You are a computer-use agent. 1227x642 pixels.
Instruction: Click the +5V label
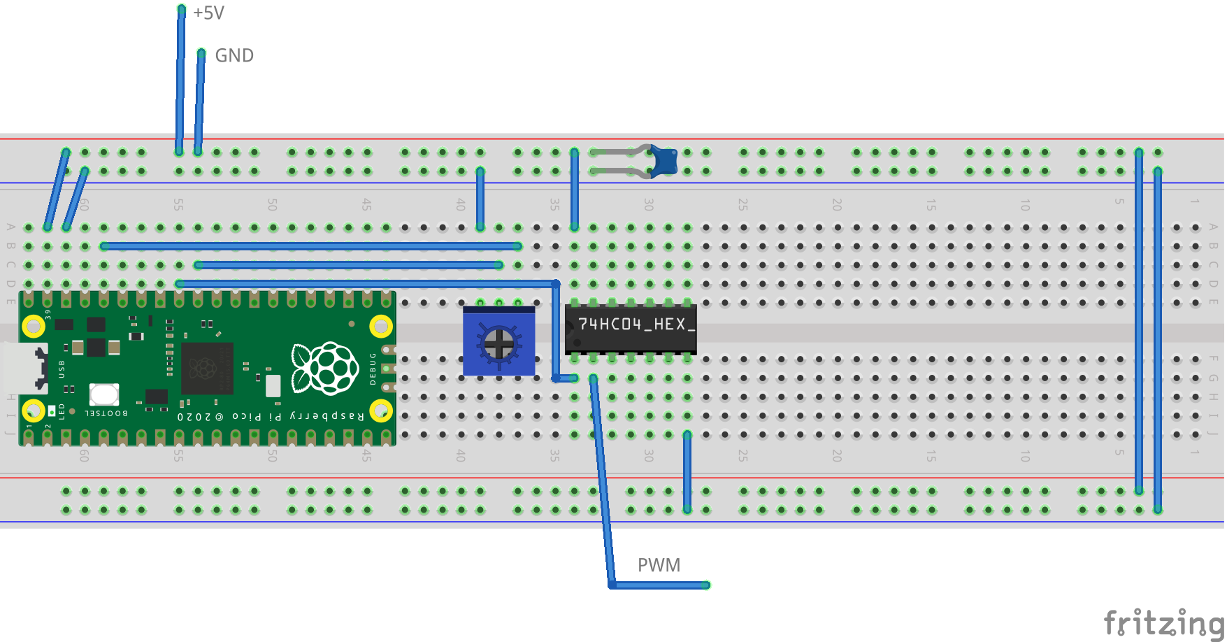tap(208, 13)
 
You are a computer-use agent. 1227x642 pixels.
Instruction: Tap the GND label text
tap(234, 56)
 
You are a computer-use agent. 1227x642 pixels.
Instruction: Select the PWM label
tap(659, 565)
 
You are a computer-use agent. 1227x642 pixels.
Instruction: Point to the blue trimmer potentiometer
tap(498, 342)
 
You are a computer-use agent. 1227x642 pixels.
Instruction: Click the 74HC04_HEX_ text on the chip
tap(636, 324)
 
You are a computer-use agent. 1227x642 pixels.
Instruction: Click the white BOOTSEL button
tap(104, 394)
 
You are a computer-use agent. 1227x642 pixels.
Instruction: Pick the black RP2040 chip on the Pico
tap(206, 368)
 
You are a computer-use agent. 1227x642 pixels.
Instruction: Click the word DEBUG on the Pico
tap(373, 369)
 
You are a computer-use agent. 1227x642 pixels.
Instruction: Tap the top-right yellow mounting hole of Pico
tap(380, 326)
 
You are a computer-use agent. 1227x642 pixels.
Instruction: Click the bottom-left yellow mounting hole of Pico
tap(34, 411)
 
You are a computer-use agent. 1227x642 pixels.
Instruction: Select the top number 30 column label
tap(649, 205)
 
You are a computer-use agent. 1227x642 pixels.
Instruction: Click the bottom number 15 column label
tap(931, 456)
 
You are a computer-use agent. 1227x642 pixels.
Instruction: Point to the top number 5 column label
tap(1119, 202)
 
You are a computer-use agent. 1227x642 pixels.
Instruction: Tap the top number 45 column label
tap(366, 205)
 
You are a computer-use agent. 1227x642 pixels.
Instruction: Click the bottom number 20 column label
tap(837, 456)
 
